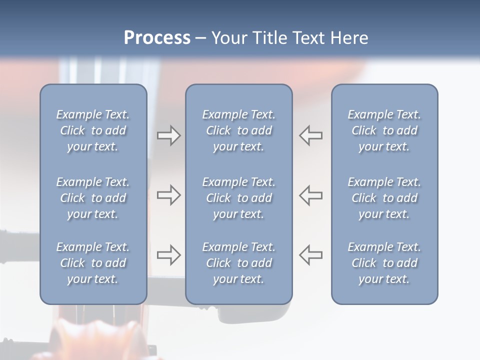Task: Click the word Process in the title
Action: click(x=157, y=38)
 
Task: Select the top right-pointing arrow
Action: click(x=168, y=135)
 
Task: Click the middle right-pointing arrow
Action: click(x=168, y=195)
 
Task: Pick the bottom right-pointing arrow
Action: click(x=168, y=255)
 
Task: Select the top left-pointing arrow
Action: click(x=311, y=135)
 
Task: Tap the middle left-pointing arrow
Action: click(x=311, y=195)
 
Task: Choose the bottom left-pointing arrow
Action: click(x=311, y=255)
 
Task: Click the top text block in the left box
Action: click(x=93, y=130)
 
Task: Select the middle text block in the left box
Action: click(x=93, y=198)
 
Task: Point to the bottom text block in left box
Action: click(x=93, y=263)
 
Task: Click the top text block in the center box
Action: click(x=238, y=130)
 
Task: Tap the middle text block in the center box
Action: click(x=238, y=198)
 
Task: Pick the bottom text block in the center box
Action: click(x=238, y=263)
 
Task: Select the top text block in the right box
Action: click(x=384, y=130)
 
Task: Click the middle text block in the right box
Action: click(x=384, y=198)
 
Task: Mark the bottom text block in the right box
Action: click(x=384, y=263)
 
